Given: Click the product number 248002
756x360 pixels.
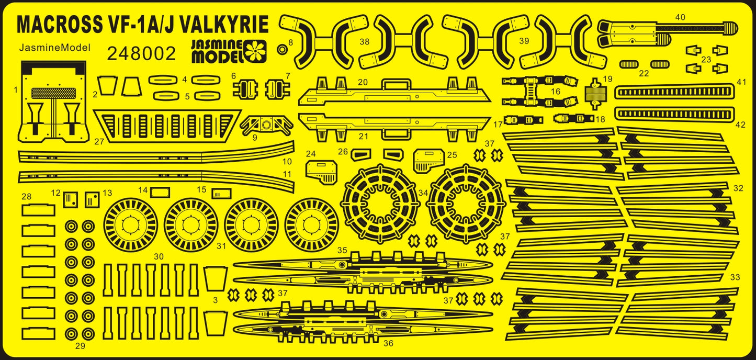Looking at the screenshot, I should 141,54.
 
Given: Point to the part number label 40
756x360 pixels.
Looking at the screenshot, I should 680,17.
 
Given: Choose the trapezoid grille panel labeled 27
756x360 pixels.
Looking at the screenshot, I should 166,126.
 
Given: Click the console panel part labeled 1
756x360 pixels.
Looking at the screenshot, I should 52,103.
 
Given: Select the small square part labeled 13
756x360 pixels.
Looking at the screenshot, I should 92,199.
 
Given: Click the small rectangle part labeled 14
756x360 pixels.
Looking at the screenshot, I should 160,193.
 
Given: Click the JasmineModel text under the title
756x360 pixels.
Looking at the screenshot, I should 55,48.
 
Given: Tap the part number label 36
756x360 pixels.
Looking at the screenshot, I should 388,343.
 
